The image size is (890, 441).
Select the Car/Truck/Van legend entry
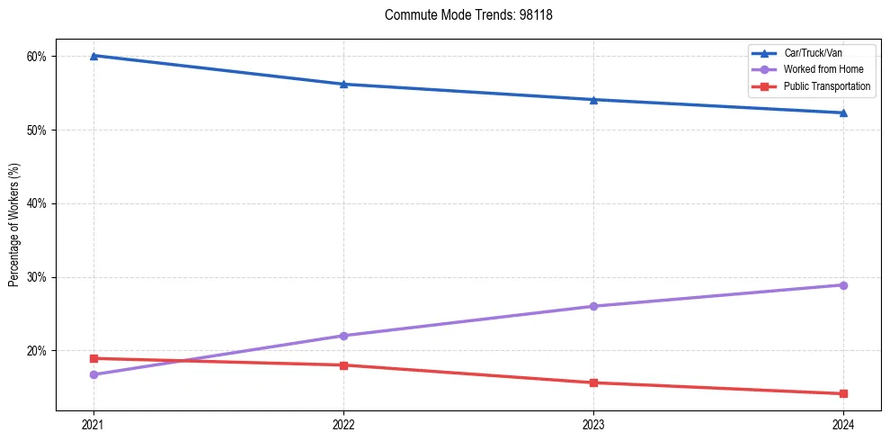[813, 53]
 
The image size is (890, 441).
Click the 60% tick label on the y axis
[38, 56]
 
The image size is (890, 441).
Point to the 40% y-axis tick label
[38, 203]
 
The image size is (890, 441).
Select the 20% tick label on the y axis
[38, 351]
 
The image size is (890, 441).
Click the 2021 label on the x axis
[93, 425]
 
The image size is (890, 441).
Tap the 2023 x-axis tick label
[593, 425]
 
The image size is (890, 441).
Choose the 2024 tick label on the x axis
[843, 425]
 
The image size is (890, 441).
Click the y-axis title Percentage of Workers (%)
[14, 225]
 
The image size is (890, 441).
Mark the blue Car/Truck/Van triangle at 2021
[93, 56]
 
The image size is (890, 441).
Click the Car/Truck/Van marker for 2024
[843, 112]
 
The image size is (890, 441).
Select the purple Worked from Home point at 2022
[343, 336]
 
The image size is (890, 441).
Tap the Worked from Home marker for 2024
[843, 285]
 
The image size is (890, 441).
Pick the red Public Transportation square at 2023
[593, 382]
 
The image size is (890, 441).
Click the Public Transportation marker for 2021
[93, 358]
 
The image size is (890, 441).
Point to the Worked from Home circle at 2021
[93, 374]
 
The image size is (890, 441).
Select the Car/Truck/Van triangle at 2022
[343, 84]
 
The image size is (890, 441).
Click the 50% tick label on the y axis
[38, 130]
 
